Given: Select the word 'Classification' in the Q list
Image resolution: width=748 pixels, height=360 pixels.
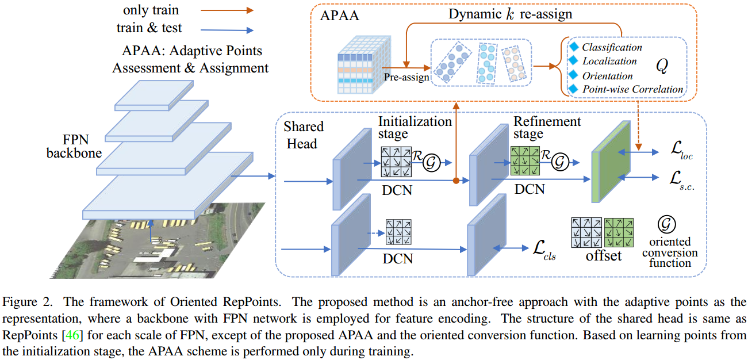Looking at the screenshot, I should point(612,47).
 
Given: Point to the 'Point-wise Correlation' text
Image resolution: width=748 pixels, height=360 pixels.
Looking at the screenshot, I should point(632,89).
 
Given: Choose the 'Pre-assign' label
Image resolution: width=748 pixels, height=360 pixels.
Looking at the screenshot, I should point(407,76).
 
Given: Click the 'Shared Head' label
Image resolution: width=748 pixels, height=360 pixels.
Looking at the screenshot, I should point(304,135).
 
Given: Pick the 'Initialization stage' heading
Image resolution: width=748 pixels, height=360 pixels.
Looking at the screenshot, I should point(415,128).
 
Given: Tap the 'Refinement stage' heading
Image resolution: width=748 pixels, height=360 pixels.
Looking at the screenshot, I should point(547,128).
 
